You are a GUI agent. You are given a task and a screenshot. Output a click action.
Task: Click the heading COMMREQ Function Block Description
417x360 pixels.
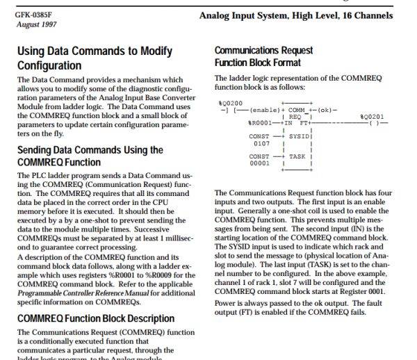tap(95, 318)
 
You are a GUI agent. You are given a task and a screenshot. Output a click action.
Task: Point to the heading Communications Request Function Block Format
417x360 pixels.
tap(263, 56)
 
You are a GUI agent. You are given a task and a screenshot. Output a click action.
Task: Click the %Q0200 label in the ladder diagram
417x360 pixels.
tap(229, 102)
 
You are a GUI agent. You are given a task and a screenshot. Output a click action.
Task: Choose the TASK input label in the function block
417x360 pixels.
tap(297, 156)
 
